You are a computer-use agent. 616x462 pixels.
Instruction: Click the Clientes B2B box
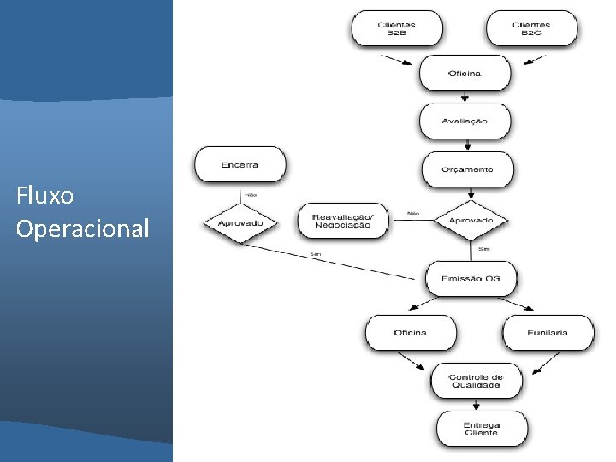coord(396,27)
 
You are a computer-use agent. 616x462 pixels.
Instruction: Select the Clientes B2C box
coord(531,27)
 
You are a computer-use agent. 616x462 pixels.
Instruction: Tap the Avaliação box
coord(465,121)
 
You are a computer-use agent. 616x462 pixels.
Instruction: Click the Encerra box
coord(240,164)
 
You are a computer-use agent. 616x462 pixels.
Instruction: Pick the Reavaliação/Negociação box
coord(342,221)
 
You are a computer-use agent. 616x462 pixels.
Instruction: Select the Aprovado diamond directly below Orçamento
coord(471,221)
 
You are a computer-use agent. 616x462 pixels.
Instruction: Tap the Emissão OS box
coord(471,279)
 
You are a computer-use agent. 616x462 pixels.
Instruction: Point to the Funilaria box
coord(548,332)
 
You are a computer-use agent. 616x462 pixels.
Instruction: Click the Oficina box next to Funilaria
coord(411,332)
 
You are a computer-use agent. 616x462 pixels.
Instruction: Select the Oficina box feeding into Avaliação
coord(465,73)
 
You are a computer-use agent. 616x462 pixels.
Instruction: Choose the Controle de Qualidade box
coord(476,381)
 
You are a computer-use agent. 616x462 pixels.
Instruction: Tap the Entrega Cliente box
coord(482,429)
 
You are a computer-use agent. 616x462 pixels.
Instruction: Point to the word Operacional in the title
coord(82,228)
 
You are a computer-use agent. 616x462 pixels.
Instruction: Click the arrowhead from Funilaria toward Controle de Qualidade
coord(536,370)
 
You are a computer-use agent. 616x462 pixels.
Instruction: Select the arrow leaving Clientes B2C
coord(530,60)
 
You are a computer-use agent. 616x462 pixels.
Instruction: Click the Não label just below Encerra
coord(251,194)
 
